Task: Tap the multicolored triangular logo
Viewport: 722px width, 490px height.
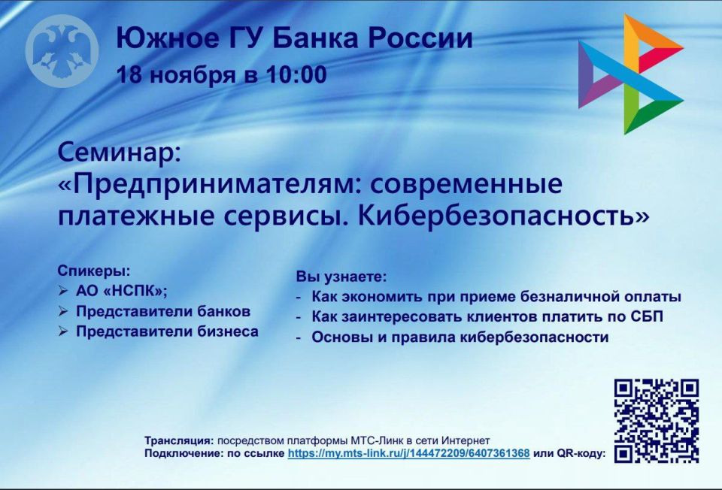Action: coord(629,75)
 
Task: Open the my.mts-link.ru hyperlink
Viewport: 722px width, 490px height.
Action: coord(408,454)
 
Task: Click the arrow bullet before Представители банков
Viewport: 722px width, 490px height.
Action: coord(63,311)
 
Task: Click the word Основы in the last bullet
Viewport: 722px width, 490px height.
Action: coord(338,337)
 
